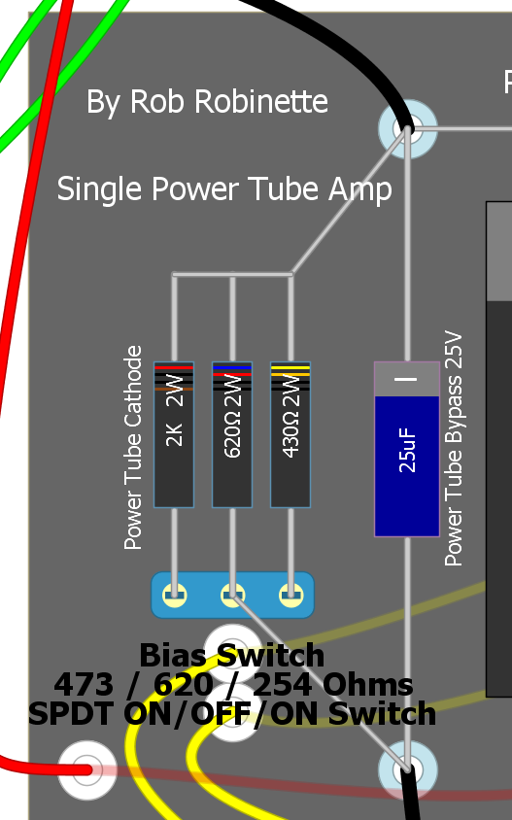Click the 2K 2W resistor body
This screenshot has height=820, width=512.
(x=174, y=434)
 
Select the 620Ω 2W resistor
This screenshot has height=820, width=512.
(x=232, y=434)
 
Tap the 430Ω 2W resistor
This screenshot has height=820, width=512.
(x=290, y=434)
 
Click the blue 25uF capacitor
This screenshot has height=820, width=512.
(x=407, y=449)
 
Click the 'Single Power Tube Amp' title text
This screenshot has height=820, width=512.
(x=224, y=188)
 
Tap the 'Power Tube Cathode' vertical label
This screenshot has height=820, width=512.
(x=133, y=448)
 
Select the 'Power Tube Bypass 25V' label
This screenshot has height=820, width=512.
(x=454, y=448)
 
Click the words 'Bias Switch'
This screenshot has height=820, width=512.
(x=231, y=655)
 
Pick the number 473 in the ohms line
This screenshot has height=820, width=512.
(x=84, y=684)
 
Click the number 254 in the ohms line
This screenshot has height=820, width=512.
(x=283, y=684)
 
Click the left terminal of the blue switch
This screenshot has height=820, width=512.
(x=174, y=595)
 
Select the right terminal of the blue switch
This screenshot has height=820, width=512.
(x=290, y=595)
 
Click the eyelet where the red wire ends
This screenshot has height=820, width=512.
(x=86, y=769)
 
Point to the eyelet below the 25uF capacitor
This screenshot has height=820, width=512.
(x=407, y=769)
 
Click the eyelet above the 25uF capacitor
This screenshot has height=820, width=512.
(x=407, y=128)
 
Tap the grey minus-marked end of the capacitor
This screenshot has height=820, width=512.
(x=407, y=379)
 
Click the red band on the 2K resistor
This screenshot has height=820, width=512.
(x=174, y=368)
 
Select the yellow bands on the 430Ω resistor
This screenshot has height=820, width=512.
(x=290, y=371)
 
